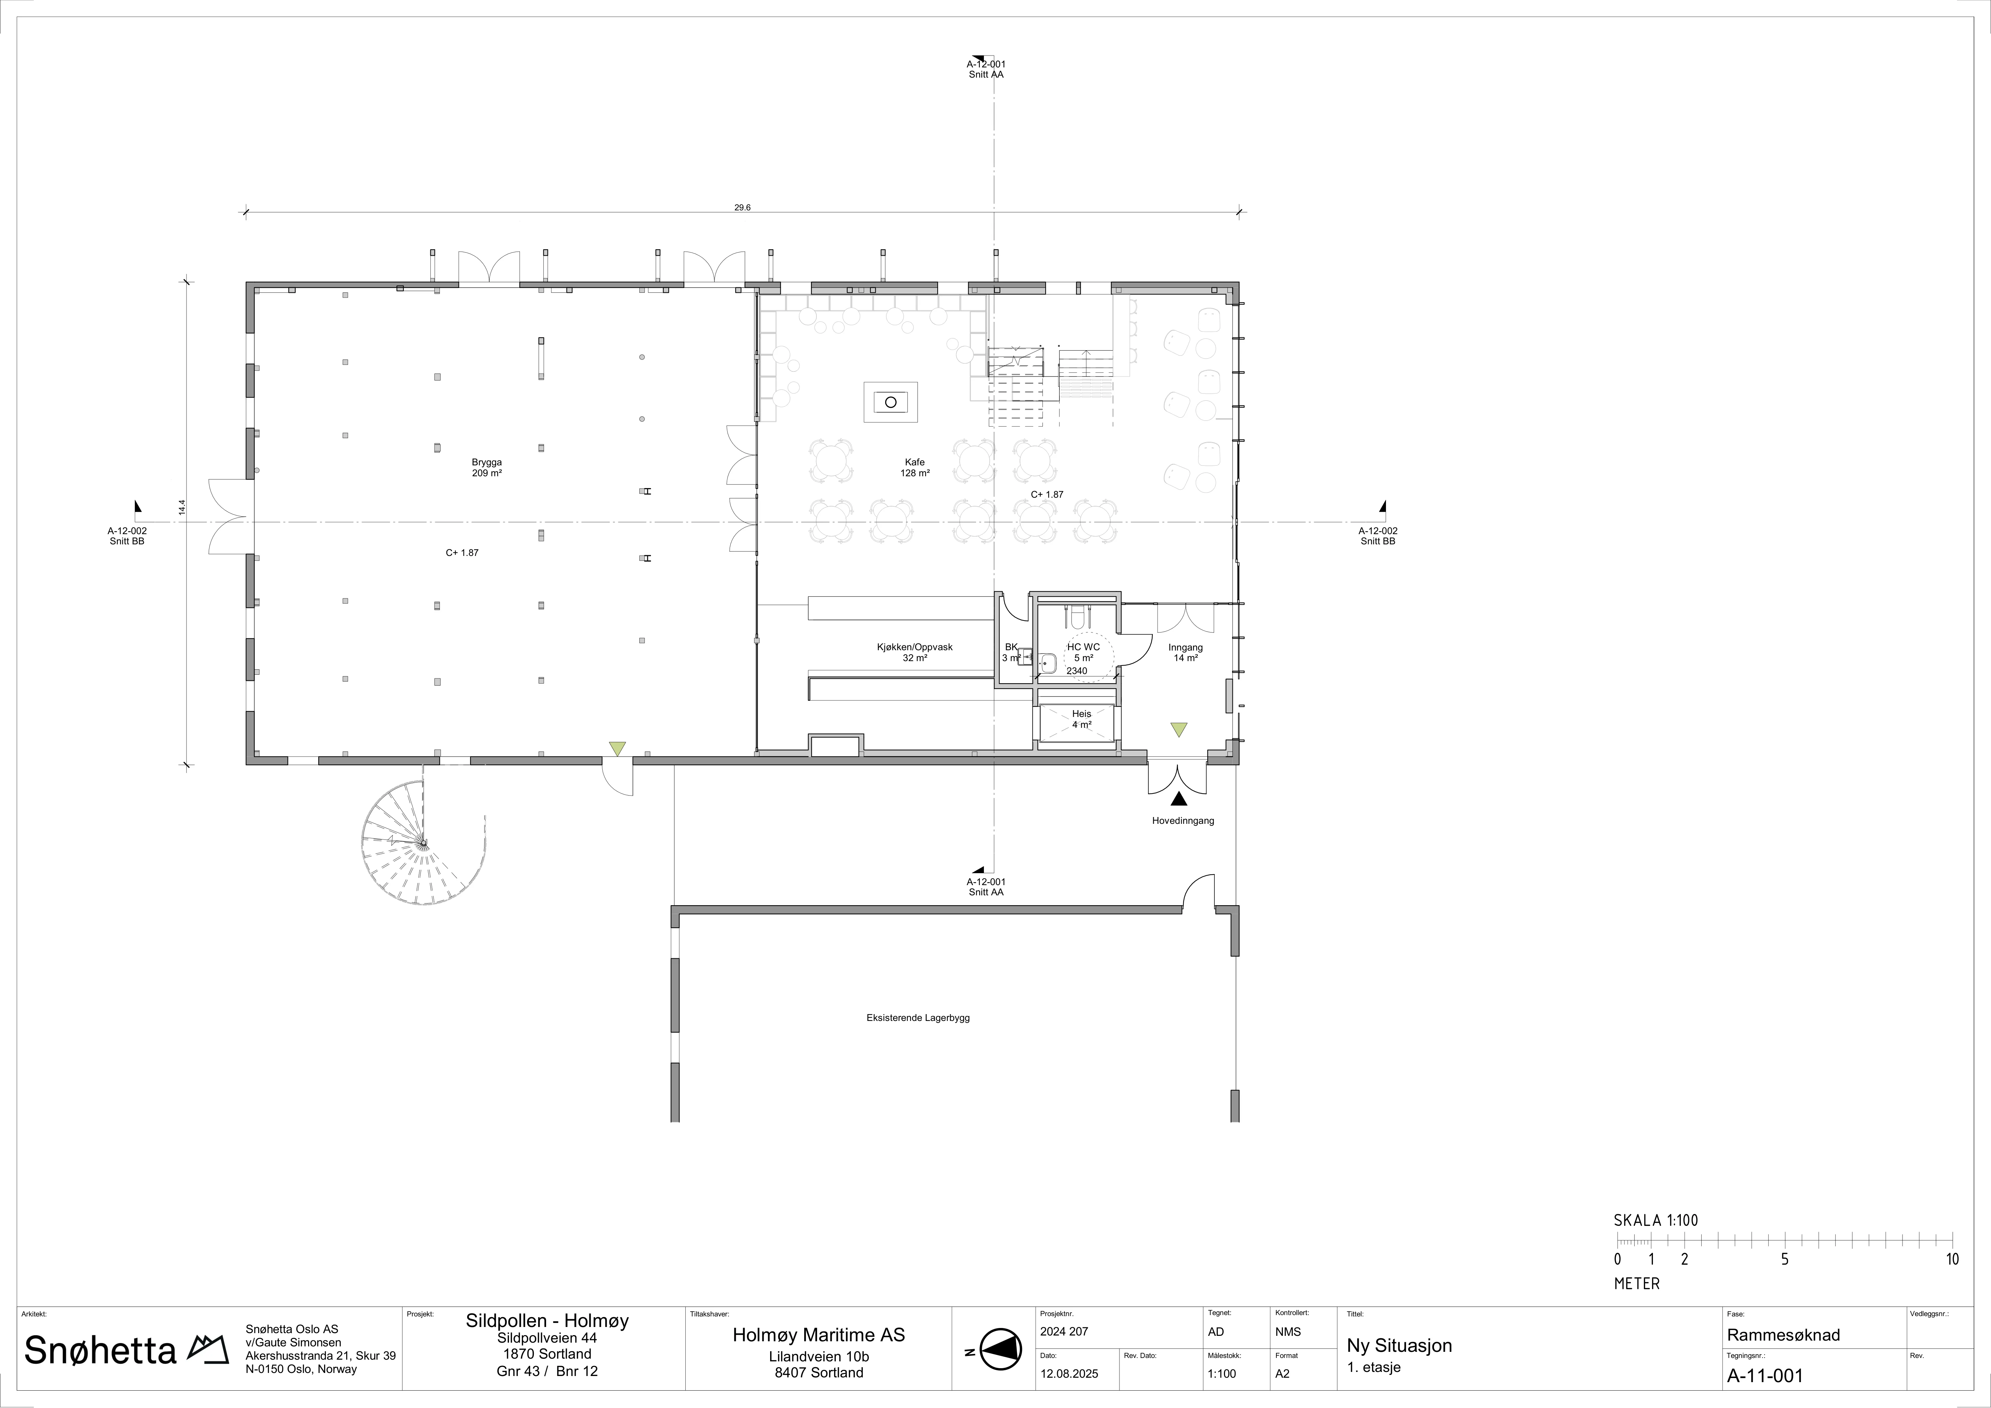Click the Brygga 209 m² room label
[487, 468]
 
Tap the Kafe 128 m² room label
[915, 468]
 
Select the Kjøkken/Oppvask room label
[915, 647]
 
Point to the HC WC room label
[1083, 647]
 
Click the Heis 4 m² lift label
[1081, 719]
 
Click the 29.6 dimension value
[742, 207]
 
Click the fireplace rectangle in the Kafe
[891, 402]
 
